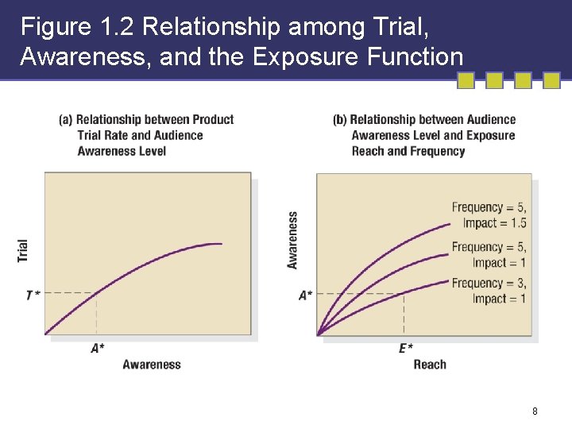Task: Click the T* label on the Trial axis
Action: pyautogui.click(x=33, y=295)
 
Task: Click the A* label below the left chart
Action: pyautogui.click(x=98, y=348)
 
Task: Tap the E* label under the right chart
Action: pyautogui.click(x=405, y=348)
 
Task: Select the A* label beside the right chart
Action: pyautogui.click(x=306, y=295)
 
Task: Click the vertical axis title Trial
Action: pyautogui.click(x=23, y=251)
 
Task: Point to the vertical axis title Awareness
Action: pyautogui.click(x=293, y=240)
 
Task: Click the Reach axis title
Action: pyautogui.click(x=430, y=365)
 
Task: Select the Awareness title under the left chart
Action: pyautogui.click(x=152, y=365)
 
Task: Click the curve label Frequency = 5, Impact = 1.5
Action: pyautogui.click(x=489, y=215)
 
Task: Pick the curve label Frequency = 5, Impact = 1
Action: pyautogui.click(x=489, y=255)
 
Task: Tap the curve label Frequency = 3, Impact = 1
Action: pyautogui.click(x=489, y=291)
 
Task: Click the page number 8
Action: pyautogui.click(x=535, y=412)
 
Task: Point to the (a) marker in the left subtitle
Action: pyautogui.click(x=66, y=120)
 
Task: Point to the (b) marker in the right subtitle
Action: pyautogui.click(x=340, y=120)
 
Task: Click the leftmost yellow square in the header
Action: pyautogui.click(x=467, y=80)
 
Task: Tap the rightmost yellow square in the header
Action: pyautogui.click(x=551, y=80)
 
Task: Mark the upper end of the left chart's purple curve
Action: pyautogui.click(x=221, y=244)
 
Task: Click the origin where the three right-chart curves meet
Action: pyautogui.click(x=319, y=334)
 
